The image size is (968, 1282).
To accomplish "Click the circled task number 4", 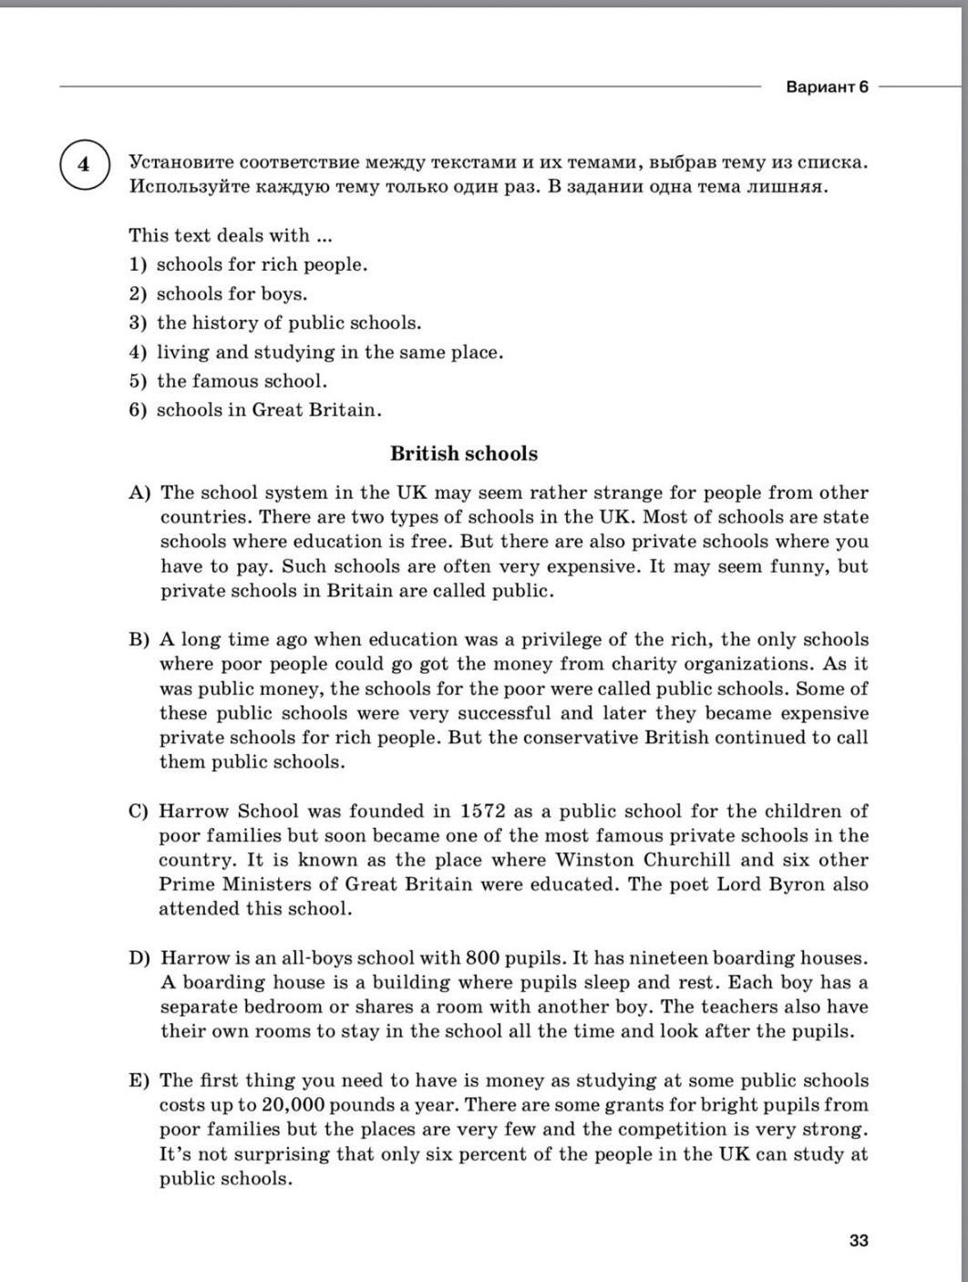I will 85,165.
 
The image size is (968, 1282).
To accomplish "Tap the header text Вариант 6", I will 826,87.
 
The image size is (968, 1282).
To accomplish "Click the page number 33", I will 858,1240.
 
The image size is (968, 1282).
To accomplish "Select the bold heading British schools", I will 464,453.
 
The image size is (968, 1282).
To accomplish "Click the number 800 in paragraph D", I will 481,957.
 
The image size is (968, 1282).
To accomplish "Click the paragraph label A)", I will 139,492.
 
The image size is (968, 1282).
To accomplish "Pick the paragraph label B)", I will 139,639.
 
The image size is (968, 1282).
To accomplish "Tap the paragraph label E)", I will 139,1080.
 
